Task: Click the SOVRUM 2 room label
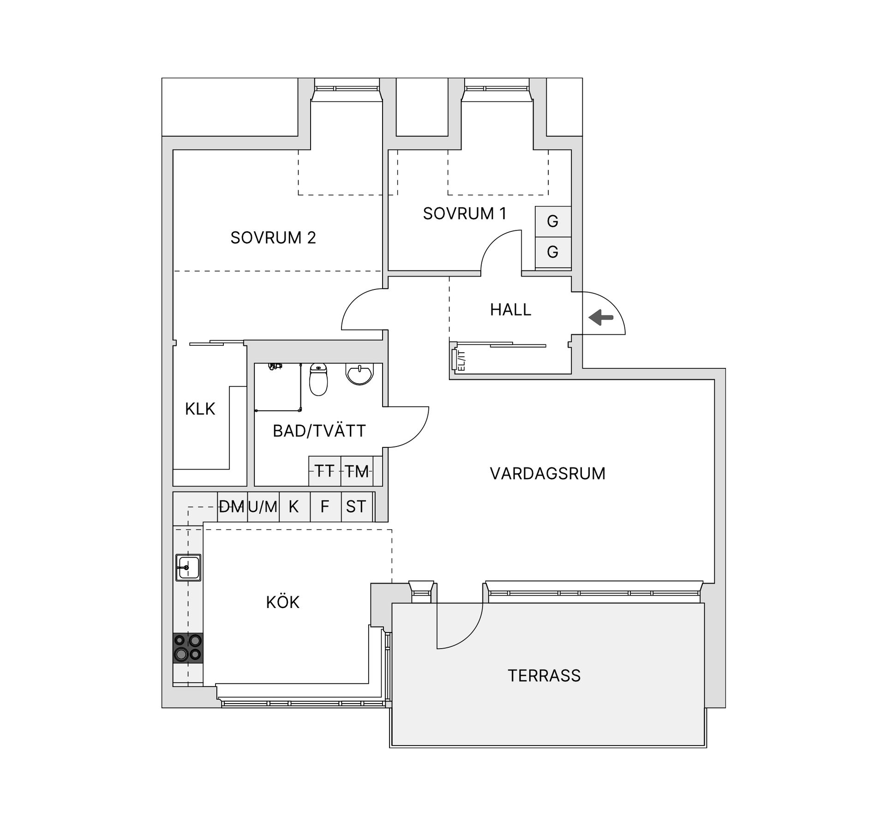tap(273, 238)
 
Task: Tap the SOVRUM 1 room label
tap(465, 214)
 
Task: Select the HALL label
tap(510, 310)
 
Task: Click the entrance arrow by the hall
tap(601, 318)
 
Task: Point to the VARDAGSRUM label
tap(547, 474)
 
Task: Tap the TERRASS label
tap(544, 676)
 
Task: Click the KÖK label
tap(283, 602)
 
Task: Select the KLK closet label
tap(200, 409)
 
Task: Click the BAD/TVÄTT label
tap(319, 431)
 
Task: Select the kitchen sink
tap(188, 567)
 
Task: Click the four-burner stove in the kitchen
tap(188, 648)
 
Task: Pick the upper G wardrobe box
tap(553, 222)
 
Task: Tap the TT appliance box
tap(324, 471)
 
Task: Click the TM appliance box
tap(357, 471)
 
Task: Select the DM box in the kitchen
tap(232, 507)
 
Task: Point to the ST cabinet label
tap(356, 507)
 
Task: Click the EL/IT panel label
tap(461, 361)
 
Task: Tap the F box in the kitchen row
tap(325, 507)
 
